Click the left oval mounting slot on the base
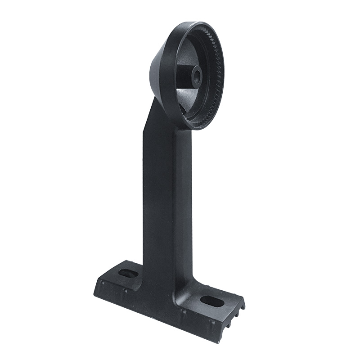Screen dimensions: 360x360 tap(128, 273)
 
